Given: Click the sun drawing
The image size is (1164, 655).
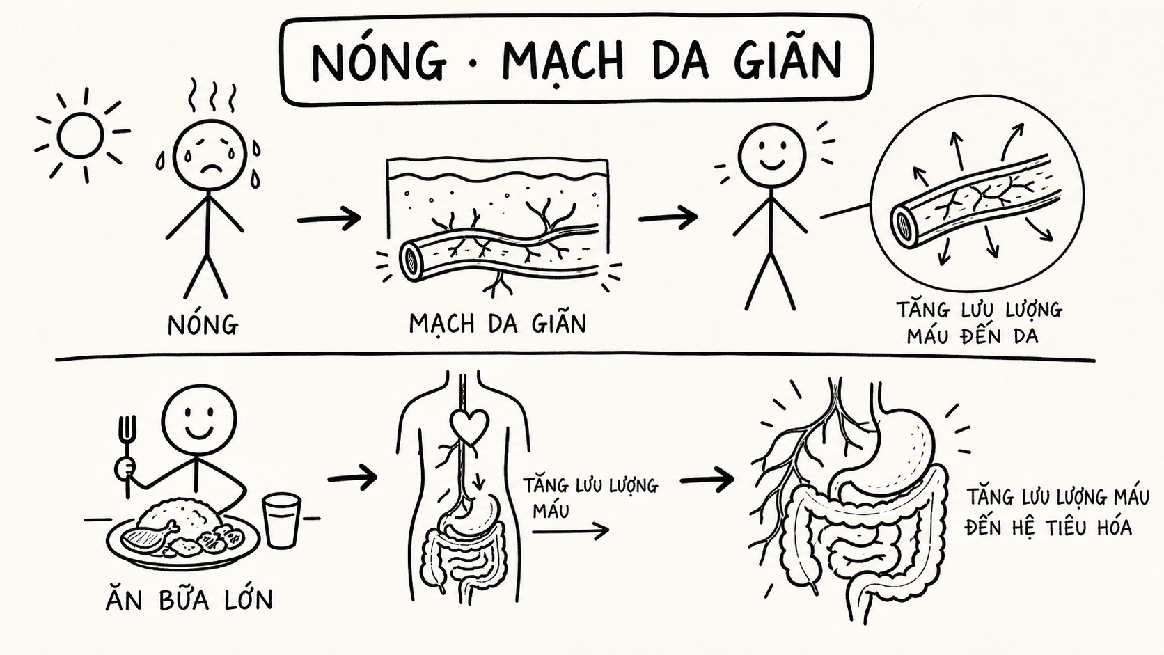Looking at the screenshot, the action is [x=81, y=136].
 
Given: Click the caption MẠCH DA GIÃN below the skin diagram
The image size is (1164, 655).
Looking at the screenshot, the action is [x=498, y=323].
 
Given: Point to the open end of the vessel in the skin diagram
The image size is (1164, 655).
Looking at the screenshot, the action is [x=410, y=259].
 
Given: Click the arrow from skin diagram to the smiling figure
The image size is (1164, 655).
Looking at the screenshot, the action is [x=668, y=218].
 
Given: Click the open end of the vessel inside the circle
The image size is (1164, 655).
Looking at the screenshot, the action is [x=903, y=224].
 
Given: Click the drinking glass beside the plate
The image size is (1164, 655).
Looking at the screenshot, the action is [x=281, y=521].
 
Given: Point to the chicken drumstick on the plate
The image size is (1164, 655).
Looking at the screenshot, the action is [x=148, y=537].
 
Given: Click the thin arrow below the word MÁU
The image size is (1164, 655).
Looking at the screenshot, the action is [x=570, y=531].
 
